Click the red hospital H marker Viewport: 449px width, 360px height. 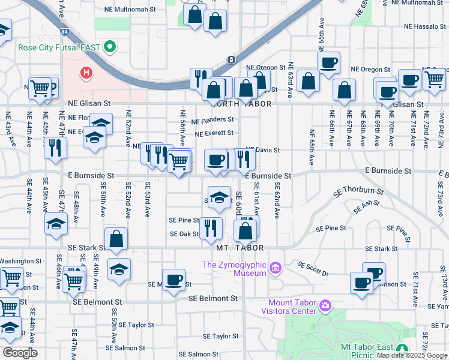(87, 73)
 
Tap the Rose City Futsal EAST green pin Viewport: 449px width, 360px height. (109, 46)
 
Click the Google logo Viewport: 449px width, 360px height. (20, 353)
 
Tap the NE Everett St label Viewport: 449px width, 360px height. (214, 134)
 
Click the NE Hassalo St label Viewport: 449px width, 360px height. (425, 27)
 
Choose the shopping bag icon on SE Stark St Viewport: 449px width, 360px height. (116, 239)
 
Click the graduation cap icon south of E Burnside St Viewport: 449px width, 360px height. (220, 198)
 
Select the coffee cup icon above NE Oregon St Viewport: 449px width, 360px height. (328, 62)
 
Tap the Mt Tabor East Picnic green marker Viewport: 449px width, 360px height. (402, 349)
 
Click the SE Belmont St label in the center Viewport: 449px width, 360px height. (213, 298)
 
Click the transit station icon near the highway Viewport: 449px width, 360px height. (231, 60)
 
